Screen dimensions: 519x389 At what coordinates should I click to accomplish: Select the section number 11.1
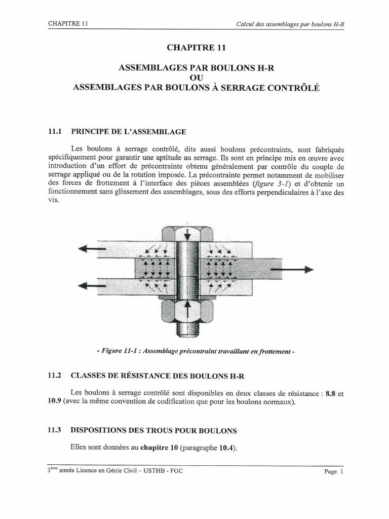tap(54, 132)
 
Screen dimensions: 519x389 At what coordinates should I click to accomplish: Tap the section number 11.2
tap(54, 376)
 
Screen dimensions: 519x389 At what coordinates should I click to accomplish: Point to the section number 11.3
tap(54, 430)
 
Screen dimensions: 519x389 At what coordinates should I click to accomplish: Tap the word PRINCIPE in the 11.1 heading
tap(93, 132)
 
